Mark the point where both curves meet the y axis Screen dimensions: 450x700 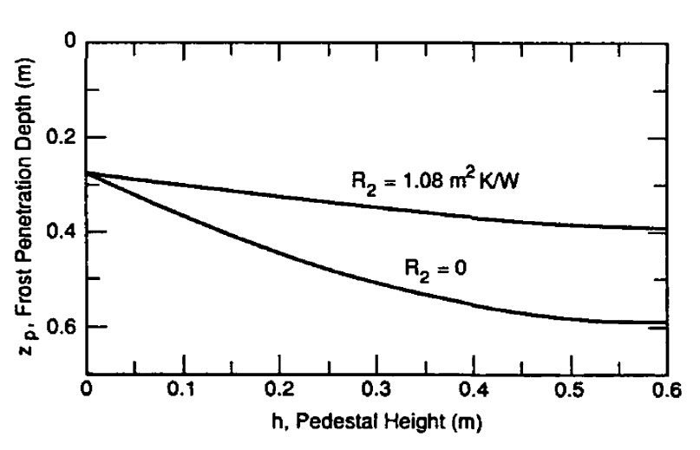pos(88,173)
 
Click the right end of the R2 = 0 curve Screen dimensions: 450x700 pos(665,323)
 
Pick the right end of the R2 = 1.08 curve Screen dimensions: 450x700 pos(665,229)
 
